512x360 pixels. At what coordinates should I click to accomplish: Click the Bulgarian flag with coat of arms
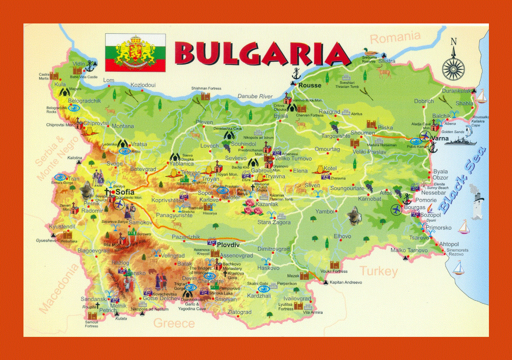tap(135, 53)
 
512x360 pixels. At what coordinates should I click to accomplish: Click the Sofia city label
tap(125, 192)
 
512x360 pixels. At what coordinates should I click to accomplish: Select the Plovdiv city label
tap(228, 245)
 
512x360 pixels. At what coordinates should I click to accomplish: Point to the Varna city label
tap(440, 139)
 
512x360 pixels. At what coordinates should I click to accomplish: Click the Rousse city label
tap(310, 85)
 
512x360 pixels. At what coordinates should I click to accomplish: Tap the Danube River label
tap(255, 96)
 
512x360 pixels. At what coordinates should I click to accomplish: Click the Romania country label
tap(395, 37)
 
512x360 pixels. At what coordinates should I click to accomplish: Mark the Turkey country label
tap(379, 271)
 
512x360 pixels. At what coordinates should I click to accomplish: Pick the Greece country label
tap(174, 323)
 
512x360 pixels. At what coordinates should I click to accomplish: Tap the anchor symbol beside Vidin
tap(90, 66)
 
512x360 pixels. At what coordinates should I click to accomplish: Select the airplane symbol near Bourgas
tap(396, 210)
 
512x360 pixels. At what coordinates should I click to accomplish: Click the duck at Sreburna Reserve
tap(367, 52)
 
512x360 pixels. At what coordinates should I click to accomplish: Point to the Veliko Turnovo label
tap(293, 159)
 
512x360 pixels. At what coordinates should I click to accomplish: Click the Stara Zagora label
tap(274, 222)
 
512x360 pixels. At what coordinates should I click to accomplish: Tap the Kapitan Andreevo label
tap(346, 282)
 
